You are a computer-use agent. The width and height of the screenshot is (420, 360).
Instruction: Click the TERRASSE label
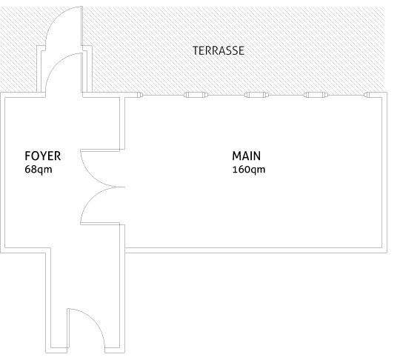[x=219, y=50]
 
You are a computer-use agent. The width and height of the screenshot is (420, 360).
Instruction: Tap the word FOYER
[x=43, y=156]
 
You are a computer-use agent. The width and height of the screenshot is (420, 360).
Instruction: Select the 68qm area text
[x=39, y=170]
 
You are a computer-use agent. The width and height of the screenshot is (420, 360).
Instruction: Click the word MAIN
[x=246, y=156]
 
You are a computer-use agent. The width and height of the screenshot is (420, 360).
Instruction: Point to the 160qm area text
[x=249, y=170]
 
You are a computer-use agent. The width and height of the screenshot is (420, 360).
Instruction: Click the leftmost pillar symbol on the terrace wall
[x=140, y=95]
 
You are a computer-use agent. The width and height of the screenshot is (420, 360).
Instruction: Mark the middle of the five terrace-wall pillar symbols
[x=256, y=95]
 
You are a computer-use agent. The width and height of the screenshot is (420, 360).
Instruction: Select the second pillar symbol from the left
[x=196, y=95]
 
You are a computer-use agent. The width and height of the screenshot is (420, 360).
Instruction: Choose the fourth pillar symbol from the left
[x=316, y=95]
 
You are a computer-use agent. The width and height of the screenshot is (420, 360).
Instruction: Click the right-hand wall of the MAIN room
[x=384, y=173]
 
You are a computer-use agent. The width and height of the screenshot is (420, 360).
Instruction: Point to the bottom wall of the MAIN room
[x=256, y=250]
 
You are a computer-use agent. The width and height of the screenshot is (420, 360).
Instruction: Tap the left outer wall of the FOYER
[x=2, y=173]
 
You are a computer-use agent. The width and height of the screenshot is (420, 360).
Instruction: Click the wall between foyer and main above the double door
[x=122, y=123]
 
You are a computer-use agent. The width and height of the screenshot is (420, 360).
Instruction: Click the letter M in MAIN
[x=237, y=156]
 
